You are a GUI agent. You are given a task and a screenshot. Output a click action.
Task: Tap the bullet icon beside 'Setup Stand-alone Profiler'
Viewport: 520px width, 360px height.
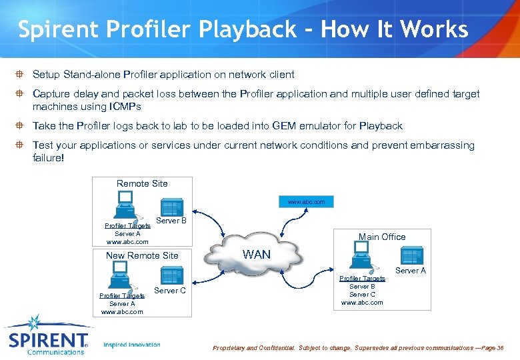click(21, 75)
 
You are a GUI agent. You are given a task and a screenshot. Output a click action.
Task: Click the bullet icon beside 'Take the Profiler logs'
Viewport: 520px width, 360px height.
click(21, 126)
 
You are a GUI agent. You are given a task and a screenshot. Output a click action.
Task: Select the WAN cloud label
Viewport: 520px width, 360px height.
click(257, 254)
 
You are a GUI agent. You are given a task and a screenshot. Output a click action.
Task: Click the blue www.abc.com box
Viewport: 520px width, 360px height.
click(306, 201)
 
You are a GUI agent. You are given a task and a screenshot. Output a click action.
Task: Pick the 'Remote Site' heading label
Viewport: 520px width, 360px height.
click(142, 183)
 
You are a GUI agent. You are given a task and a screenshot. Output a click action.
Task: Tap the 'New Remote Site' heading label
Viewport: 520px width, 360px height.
click(142, 255)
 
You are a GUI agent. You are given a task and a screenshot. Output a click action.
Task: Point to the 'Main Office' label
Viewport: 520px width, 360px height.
click(382, 237)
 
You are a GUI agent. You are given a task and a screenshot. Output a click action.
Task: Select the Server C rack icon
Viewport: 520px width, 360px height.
click(172, 277)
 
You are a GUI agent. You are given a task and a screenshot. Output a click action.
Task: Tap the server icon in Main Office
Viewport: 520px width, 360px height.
click(411, 256)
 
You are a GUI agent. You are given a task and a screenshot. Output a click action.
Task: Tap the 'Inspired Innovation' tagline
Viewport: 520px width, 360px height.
click(132, 345)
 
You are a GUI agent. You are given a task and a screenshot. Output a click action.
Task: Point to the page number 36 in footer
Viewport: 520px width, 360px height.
click(500, 348)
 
